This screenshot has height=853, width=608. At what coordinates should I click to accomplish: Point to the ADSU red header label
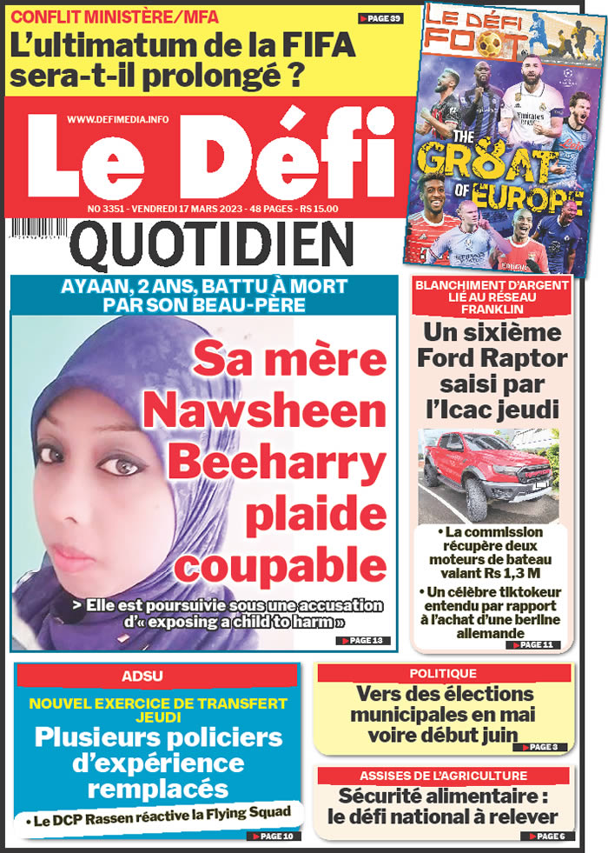tap(156, 675)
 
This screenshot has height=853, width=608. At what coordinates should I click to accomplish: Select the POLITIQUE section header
tap(443, 673)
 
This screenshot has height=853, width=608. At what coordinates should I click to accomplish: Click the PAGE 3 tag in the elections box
tap(540, 747)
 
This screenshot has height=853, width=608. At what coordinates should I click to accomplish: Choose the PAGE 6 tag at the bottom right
tap(547, 836)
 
